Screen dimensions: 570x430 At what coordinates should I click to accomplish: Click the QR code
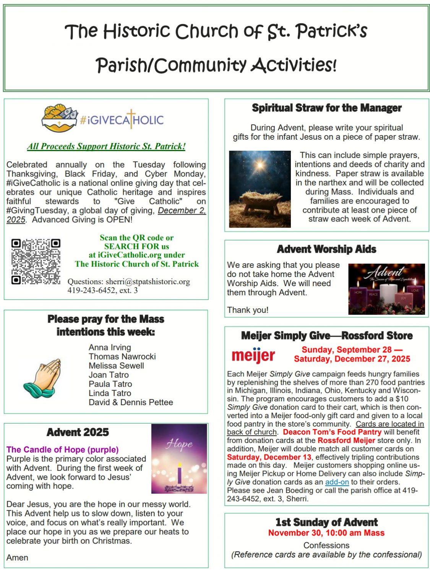pos(36,262)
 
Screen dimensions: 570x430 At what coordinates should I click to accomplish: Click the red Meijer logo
pos(253,355)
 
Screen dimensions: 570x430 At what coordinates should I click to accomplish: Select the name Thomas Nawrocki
pos(122,357)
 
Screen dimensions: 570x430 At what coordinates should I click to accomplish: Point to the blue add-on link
pos(337,482)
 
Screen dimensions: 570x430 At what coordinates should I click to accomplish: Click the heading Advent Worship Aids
pos(326,249)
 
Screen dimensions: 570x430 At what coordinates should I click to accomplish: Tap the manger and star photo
pos(260,189)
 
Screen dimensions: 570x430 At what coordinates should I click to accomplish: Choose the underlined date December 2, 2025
pos(182,211)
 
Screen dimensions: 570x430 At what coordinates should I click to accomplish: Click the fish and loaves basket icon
pos(59,118)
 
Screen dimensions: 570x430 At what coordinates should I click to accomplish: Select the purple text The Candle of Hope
pos(62,449)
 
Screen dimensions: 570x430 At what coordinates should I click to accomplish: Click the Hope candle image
pos(179,459)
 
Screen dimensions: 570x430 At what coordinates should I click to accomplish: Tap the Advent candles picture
pos(386,289)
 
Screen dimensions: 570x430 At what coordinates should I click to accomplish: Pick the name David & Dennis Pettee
pos(131,402)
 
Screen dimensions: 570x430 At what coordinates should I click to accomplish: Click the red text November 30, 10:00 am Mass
pos(326,533)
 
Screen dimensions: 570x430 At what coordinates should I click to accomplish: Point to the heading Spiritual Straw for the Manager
pos(326,108)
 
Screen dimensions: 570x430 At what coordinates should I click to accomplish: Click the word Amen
pos(17,557)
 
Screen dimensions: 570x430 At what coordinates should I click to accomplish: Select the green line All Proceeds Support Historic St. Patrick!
pos(106,146)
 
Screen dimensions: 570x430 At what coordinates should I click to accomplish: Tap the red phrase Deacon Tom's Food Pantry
pos(332,432)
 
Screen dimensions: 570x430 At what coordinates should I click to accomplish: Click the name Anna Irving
pos(110,347)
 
